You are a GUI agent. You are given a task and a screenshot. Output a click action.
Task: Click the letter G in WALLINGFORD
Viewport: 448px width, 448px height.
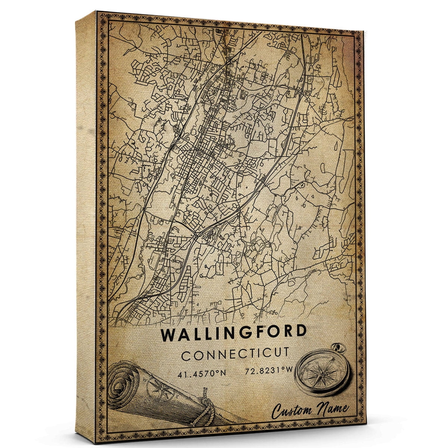241,333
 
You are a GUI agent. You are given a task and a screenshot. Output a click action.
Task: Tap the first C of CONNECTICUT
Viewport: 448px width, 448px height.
185,355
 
